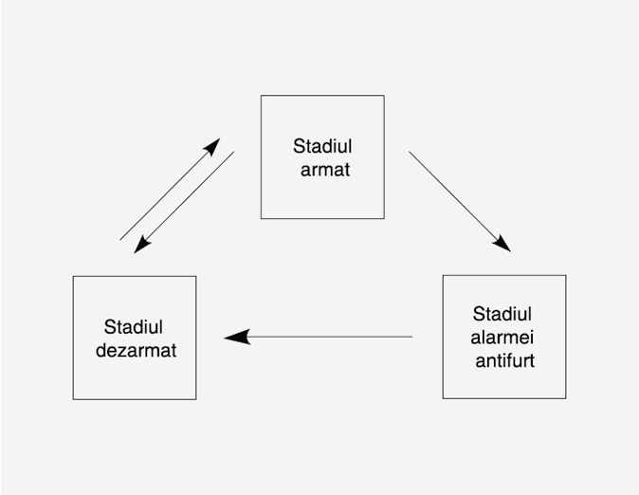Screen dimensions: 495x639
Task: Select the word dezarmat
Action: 136,350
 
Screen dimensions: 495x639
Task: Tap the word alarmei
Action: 502,337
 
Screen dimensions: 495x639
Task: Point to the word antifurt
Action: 504,360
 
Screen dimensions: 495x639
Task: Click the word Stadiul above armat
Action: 322,147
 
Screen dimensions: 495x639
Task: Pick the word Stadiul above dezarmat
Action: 134,327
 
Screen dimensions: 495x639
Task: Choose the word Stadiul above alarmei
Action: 502,314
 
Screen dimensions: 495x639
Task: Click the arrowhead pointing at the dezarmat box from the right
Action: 236,337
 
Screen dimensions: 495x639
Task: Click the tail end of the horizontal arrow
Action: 411,337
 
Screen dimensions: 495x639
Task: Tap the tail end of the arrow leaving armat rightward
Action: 411,152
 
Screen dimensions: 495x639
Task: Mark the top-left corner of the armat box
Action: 262,96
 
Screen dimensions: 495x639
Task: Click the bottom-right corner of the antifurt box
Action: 565,398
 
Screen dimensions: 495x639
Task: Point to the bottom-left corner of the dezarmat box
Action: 74,398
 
